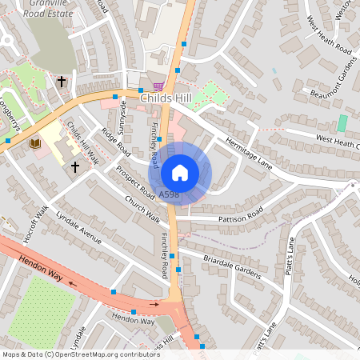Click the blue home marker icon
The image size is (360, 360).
[180, 171]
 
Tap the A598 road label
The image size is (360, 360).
[169, 194]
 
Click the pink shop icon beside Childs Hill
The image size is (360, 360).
[158, 86]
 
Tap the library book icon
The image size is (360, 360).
[35, 143]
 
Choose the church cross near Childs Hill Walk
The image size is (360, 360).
[76, 166]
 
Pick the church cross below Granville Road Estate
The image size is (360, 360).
[62, 81]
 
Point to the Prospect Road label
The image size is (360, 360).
[134, 184]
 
